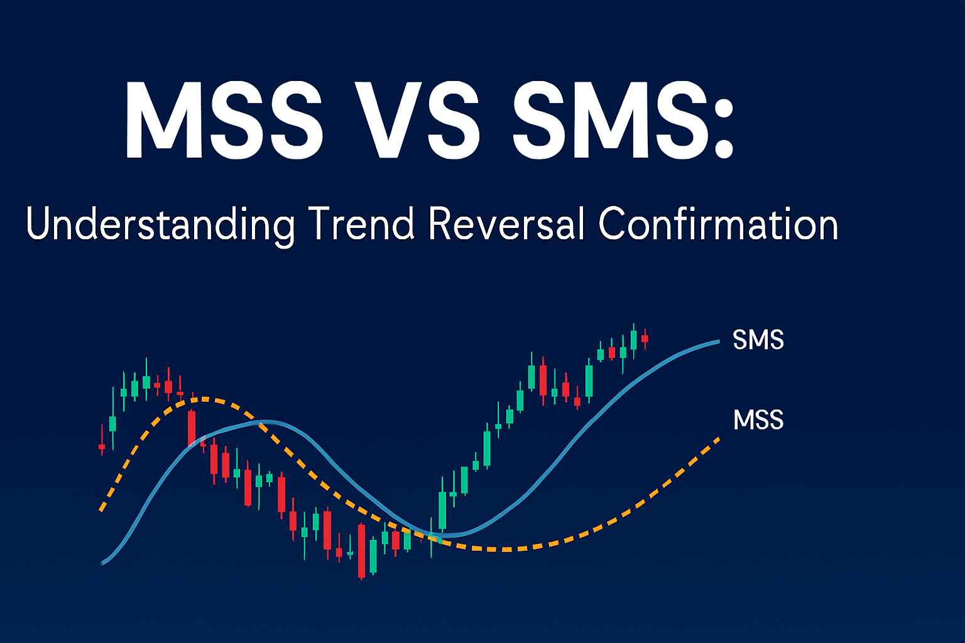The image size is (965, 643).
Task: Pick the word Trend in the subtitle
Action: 361,224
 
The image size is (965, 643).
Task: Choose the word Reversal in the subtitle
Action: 506,224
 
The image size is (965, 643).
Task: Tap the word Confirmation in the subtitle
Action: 718,224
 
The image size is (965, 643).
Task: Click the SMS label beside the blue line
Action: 758,340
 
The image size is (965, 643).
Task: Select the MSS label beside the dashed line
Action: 758,420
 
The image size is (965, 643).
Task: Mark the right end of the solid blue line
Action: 719,342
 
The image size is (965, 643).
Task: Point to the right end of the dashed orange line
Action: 719,439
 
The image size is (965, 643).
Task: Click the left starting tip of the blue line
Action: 102,563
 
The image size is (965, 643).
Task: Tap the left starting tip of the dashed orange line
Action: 101,511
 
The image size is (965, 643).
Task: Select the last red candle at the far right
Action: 645,339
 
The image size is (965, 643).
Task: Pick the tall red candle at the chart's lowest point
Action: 361,551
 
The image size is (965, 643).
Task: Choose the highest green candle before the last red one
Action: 634,340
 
